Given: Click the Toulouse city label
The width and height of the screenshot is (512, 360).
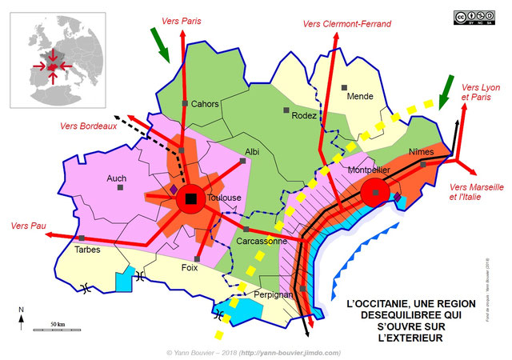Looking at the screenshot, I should point(225,198).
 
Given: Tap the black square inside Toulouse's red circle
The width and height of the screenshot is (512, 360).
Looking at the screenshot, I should point(190,199).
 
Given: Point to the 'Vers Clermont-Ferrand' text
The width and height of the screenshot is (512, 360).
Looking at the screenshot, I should point(347,24).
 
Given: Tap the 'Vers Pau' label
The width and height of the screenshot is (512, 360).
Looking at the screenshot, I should point(25,226).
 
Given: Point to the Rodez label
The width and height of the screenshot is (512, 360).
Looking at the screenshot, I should point(304,115).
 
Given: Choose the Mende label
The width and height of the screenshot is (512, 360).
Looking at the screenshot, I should point(360,96).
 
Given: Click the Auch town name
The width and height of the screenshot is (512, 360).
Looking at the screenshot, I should point(117,178).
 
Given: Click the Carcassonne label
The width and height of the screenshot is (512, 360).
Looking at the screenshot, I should point(262,241).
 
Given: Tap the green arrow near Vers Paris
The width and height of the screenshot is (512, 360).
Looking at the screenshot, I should point(161,44).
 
